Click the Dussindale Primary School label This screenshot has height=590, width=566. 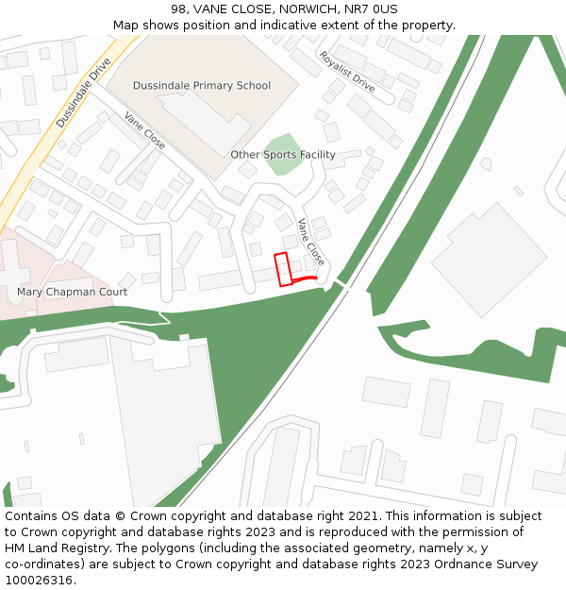[201, 86]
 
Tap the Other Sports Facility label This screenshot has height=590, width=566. [282, 155]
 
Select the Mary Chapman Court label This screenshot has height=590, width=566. [72, 292]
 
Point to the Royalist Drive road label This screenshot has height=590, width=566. [346, 71]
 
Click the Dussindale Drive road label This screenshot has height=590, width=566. [83, 93]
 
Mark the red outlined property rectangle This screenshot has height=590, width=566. [282, 269]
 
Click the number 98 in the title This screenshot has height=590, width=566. [179, 9]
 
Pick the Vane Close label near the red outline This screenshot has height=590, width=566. [310, 241]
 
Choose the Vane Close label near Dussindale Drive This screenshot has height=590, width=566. [144, 131]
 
